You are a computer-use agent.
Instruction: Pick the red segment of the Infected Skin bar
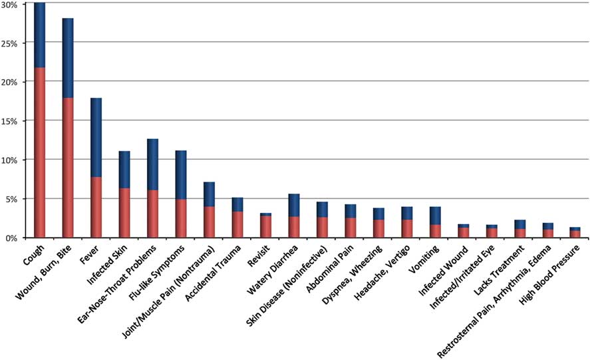point(124,212)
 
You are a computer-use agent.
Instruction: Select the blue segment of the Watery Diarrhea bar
point(294,205)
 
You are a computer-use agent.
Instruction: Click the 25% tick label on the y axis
point(14,43)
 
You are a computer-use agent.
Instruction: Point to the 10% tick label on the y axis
point(14,160)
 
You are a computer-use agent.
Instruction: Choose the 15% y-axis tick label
point(14,121)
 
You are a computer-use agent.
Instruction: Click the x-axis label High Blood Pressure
point(551,273)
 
